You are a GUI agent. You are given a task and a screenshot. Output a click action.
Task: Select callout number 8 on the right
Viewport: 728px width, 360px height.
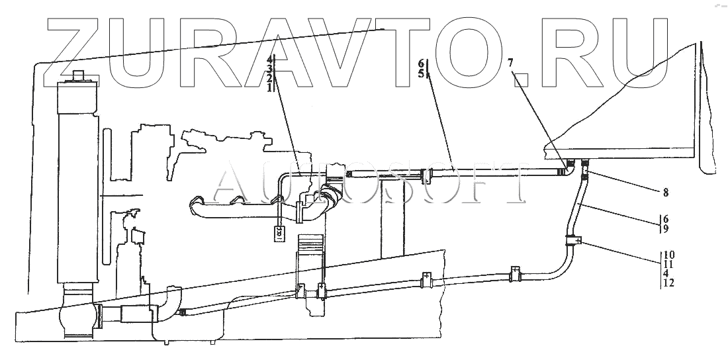click(666, 193)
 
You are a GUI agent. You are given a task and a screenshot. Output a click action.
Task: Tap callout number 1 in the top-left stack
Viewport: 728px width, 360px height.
click(269, 87)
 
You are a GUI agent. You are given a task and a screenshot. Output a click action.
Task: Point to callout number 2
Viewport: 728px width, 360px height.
click(269, 78)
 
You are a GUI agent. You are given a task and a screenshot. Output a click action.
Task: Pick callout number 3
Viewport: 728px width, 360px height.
click(269, 69)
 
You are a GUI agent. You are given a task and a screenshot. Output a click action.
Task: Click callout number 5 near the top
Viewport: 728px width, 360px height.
click(421, 73)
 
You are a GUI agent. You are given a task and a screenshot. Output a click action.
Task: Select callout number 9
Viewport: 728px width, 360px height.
click(666, 229)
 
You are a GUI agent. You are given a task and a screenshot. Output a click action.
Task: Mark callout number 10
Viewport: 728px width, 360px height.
click(670, 254)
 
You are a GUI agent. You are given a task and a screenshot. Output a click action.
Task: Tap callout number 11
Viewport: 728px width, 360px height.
click(670, 263)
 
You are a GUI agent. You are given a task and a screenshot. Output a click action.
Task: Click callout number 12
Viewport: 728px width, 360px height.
click(670, 283)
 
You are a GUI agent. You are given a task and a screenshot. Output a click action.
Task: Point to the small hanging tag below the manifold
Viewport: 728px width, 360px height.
click(279, 232)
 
